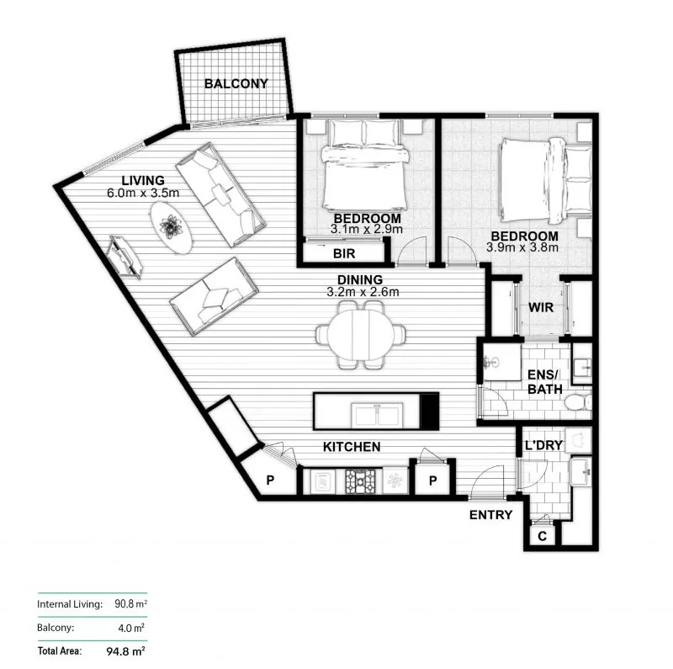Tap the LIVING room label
pyautogui.click(x=142, y=181)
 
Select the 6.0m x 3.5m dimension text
pyautogui.click(x=143, y=193)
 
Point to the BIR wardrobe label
pyautogui.click(x=343, y=252)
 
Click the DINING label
pyautogui.click(x=360, y=280)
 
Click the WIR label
pyautogui.click(x=541, y=307)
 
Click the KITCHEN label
pyautogui.click(x=352, y=447)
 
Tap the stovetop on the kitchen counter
pyautogui.click(x=361, y=481)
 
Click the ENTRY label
pyautogui.click(x=490, y=514)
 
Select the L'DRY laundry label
pyautogui.click(x=543, y=445)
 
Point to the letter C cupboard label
pyautogui.click(x=542, y=534)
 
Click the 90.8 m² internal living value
pyautogui.click(x=130, y=603)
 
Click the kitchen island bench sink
pyautogui.click(x=377, y=413)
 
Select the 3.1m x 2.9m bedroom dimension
pyautogui.click(x=367, y=228)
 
